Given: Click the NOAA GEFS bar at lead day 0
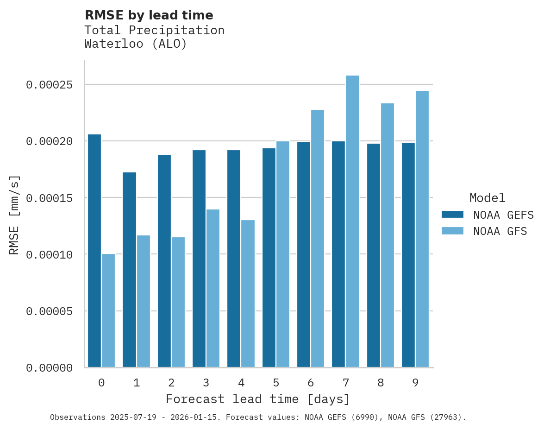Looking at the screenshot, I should coord(94,251).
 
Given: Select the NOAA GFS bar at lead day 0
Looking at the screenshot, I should coord(108,310).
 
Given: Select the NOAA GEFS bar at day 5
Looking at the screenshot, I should coord(269,258).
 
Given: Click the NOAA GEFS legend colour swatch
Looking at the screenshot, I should coord(452,214).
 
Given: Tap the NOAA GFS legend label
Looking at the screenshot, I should coord(500,231).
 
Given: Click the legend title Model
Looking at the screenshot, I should coord(487,198).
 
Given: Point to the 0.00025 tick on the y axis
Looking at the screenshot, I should coord(50,85).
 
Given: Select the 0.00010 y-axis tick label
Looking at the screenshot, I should coord(50,254).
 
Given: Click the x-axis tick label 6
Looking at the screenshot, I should coord(311,383).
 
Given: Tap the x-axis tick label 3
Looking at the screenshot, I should coord(206,383).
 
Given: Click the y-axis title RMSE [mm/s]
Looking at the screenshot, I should coord(15,215).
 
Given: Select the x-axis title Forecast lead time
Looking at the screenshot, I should coord(258,399).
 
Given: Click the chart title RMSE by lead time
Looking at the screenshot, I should coord(149,15).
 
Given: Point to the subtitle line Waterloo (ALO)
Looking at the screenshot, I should coord(136,44).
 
